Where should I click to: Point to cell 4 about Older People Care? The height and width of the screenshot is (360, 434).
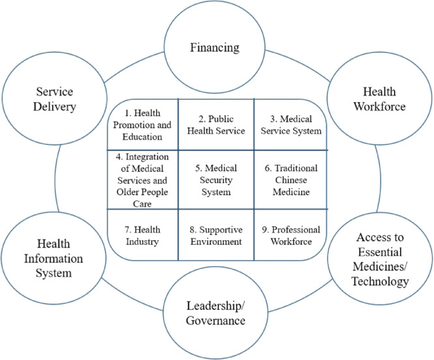click(141, 179)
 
